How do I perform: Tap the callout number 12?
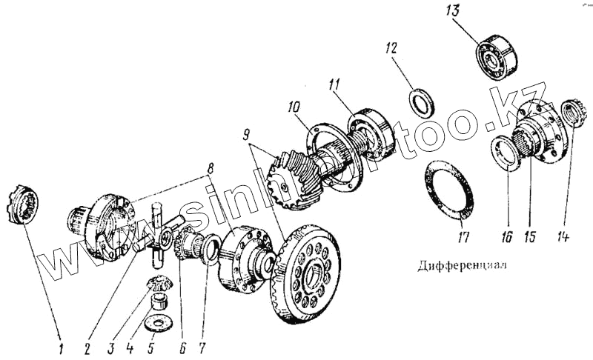click(391, 49)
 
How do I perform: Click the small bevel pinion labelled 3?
click(158, 282)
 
